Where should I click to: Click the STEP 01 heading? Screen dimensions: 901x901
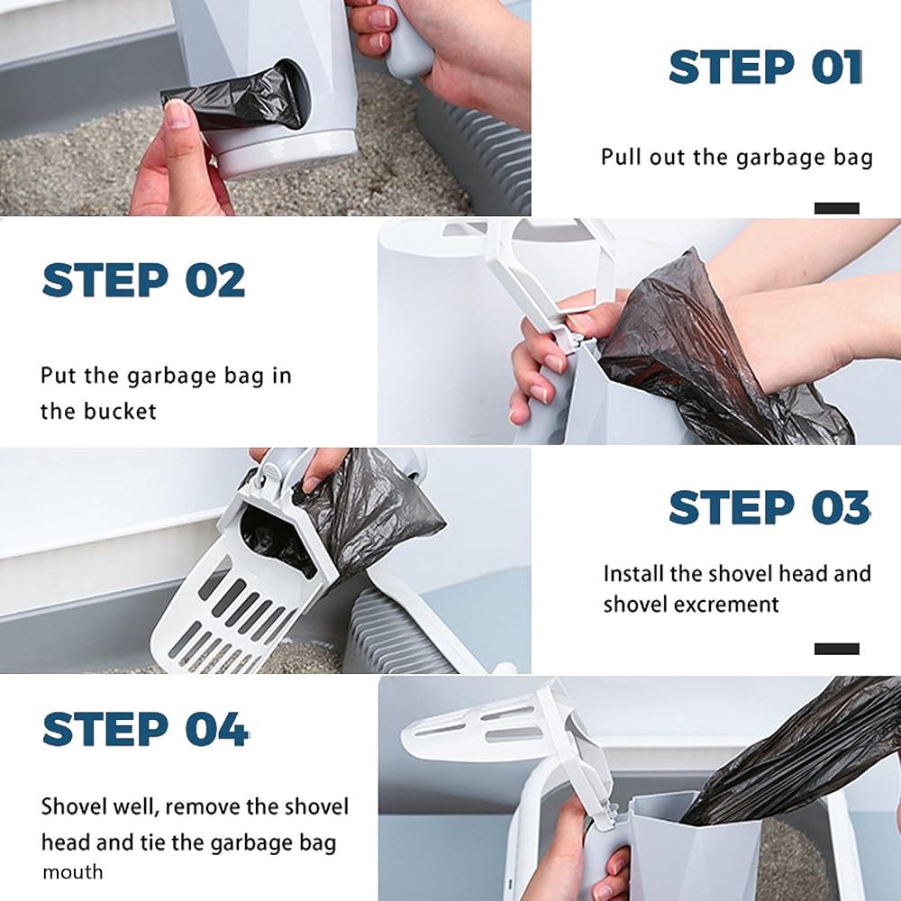coord(765,68)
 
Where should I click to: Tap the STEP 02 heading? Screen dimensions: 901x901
coord(143,280)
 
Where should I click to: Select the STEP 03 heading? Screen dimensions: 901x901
coord(769,507)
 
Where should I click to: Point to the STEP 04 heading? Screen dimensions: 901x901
coord(145,729)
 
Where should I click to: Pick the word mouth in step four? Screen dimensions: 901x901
coord(72,872)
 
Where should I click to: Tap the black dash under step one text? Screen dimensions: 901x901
coord(837,208)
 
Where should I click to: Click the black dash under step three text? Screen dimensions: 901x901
coord(837,649)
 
